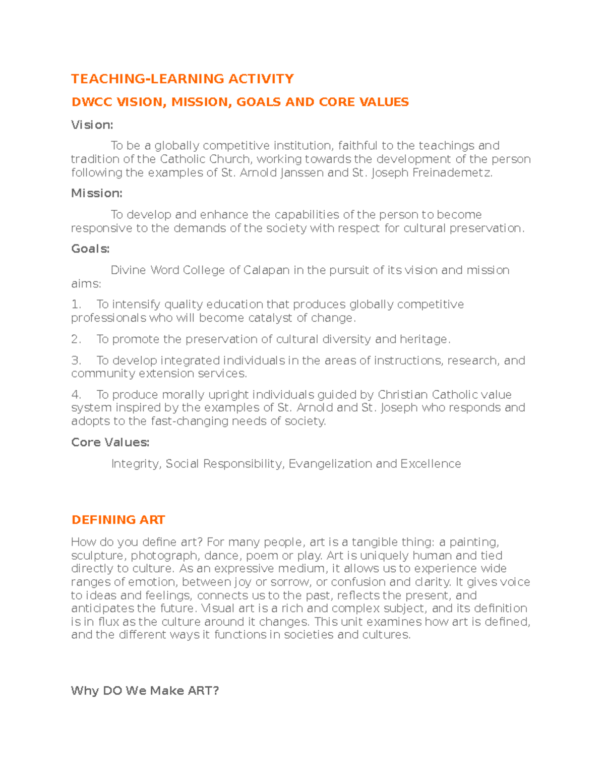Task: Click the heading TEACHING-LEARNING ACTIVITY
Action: [x=182, y=79]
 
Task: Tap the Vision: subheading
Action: [x=92, y=125]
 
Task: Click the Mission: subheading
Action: [x=96, y=194]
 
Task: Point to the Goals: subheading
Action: [x=90, y=249]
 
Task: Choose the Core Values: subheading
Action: [x=110, y=443]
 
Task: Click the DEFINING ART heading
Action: [x=118, y=520]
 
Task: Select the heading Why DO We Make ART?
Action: [x=145, y=691]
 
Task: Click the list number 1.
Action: [x=76, y=305]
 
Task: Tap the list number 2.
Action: [x=76, y=339]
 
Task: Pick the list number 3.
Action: [x=76, y=360]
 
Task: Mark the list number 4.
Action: [x=76, y=395]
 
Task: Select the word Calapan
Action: [x=266, y=270]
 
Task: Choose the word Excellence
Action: [x=431, y=464]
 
